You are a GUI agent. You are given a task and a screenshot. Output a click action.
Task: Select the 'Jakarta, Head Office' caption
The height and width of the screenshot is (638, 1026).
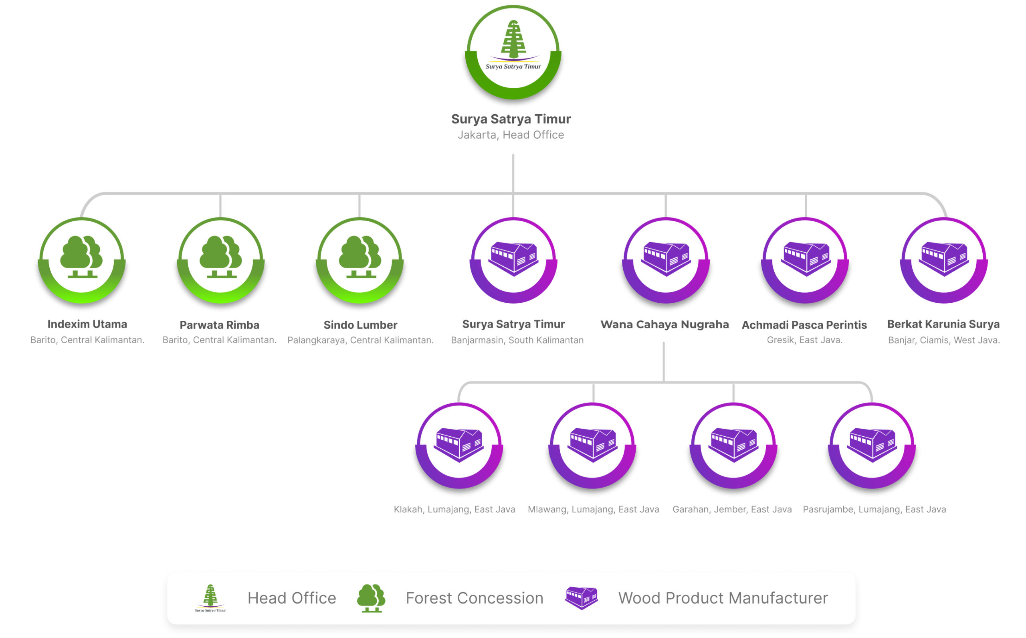[x=511, y=135]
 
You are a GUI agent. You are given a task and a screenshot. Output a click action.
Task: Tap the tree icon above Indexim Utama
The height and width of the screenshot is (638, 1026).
[x=81, y=257]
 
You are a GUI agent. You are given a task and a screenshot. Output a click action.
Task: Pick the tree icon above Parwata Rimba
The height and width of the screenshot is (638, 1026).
[x=220, y=257]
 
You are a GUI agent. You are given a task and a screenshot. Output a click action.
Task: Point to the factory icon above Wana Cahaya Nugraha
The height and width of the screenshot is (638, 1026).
[x=666, y=258]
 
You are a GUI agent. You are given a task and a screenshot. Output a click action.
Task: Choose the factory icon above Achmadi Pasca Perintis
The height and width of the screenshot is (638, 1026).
[x=805, y=258]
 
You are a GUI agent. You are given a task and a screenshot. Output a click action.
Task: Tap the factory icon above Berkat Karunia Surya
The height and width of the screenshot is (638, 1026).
[x=944, y=258]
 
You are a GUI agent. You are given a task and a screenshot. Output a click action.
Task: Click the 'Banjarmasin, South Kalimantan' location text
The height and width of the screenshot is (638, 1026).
[x=517, y=340]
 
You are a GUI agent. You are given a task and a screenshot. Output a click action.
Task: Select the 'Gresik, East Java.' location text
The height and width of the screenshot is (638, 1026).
[x=805, y=340]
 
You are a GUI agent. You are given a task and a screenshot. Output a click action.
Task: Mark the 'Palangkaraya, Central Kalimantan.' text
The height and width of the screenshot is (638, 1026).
[x=361, y=340]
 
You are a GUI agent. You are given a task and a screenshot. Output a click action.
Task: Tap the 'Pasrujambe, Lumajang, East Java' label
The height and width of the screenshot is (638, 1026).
[x=874, y=509]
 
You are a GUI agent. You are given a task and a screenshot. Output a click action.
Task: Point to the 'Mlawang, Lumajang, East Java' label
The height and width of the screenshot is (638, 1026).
[x=593, y=509]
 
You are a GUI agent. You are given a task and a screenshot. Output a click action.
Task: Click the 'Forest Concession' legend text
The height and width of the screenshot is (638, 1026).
[x=475, y=598]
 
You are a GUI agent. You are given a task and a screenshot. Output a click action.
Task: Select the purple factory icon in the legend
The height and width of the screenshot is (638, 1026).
[x=581, y=597]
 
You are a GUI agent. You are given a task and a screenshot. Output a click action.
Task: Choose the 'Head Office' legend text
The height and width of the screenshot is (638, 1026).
[x=291, y=598]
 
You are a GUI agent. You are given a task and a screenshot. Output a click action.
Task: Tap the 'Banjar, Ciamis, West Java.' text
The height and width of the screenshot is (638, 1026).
[x=944, y=340]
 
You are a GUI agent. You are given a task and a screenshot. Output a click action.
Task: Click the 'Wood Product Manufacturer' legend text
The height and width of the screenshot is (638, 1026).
[x=723, y=598]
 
